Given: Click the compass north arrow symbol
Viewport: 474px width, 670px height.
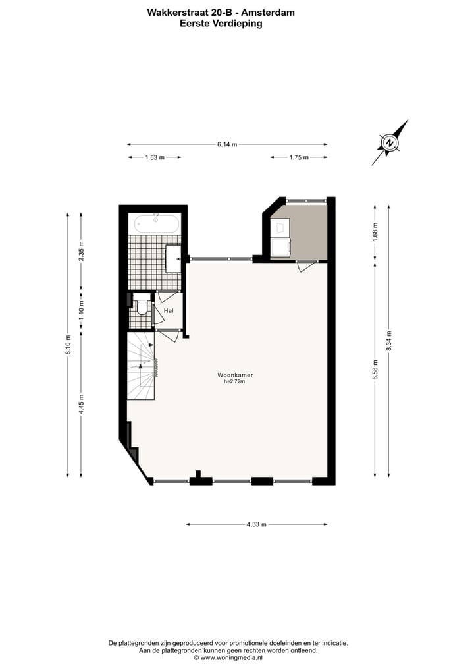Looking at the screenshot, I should point(390,142).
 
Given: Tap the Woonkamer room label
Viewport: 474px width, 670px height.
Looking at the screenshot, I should point(235,375).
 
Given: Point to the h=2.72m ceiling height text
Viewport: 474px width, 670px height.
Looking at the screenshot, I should point(235,382).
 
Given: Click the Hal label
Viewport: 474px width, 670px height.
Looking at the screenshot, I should point(169,310).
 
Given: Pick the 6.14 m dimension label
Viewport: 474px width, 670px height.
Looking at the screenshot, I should point(227,144).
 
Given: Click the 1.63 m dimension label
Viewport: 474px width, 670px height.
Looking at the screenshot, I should point(154,157).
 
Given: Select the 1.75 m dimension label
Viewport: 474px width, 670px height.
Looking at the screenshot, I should point(299,157).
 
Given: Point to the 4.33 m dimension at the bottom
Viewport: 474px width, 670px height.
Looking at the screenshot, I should point(256,524).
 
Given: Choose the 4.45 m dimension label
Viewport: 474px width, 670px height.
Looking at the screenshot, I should point(81,403).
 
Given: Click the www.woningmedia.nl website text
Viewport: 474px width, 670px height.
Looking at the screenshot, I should point(231,657).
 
